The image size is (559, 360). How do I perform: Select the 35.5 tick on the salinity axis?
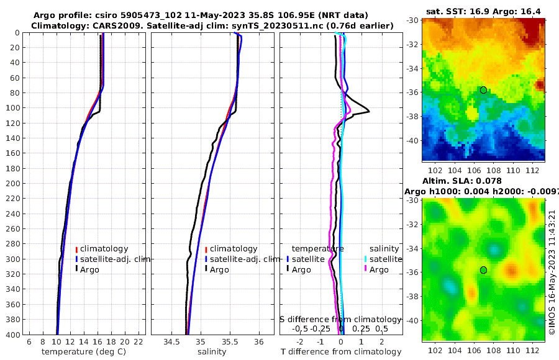[229, 342]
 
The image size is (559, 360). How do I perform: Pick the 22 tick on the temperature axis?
[139, 342]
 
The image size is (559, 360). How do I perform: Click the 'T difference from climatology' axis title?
[342, 352]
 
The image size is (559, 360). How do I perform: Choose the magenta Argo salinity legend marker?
[366, 269]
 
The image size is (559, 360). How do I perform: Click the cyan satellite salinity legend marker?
[366, 259]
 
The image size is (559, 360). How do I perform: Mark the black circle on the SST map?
[483, 90]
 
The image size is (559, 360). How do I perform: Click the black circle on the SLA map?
[483, 270]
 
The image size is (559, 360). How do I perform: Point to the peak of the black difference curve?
[370, 111]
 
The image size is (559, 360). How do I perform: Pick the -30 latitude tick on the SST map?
[412, 20]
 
